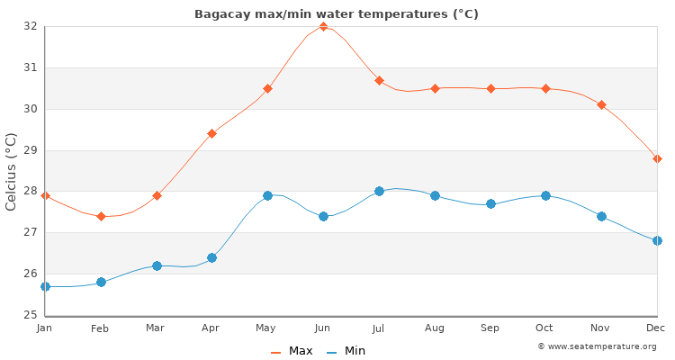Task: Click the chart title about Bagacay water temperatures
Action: (337, 14)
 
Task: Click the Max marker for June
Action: (323, 27)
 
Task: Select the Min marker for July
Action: (379, 191)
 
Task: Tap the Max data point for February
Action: (101, 216)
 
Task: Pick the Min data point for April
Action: (211, 257)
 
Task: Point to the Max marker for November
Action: (601, 105)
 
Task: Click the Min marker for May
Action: (267, 195)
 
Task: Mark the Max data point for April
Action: (211, 133)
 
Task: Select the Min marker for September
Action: (490, 203)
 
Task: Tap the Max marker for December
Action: (657, 158)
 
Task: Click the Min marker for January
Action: (45, 286)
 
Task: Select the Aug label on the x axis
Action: (435, 328)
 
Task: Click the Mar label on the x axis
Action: (157, 328)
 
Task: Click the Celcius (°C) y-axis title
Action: (12, 171)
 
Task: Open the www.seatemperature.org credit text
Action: (597, 346)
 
